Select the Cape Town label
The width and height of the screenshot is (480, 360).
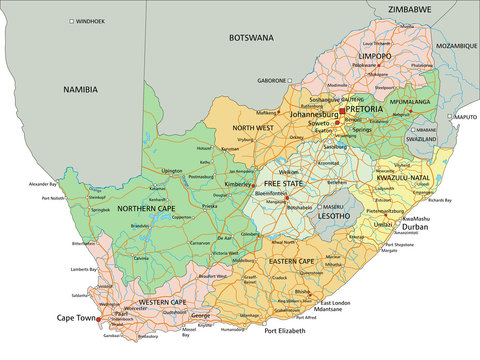tap(76, 320)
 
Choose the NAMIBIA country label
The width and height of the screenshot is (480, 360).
tap(81, 89)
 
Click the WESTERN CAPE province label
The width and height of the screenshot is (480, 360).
tap(162, 301)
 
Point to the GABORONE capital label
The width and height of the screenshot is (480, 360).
tap(272, 80)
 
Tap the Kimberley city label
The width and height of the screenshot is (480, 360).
tap(239, 185)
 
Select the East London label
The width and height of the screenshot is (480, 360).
tap(337, 302)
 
